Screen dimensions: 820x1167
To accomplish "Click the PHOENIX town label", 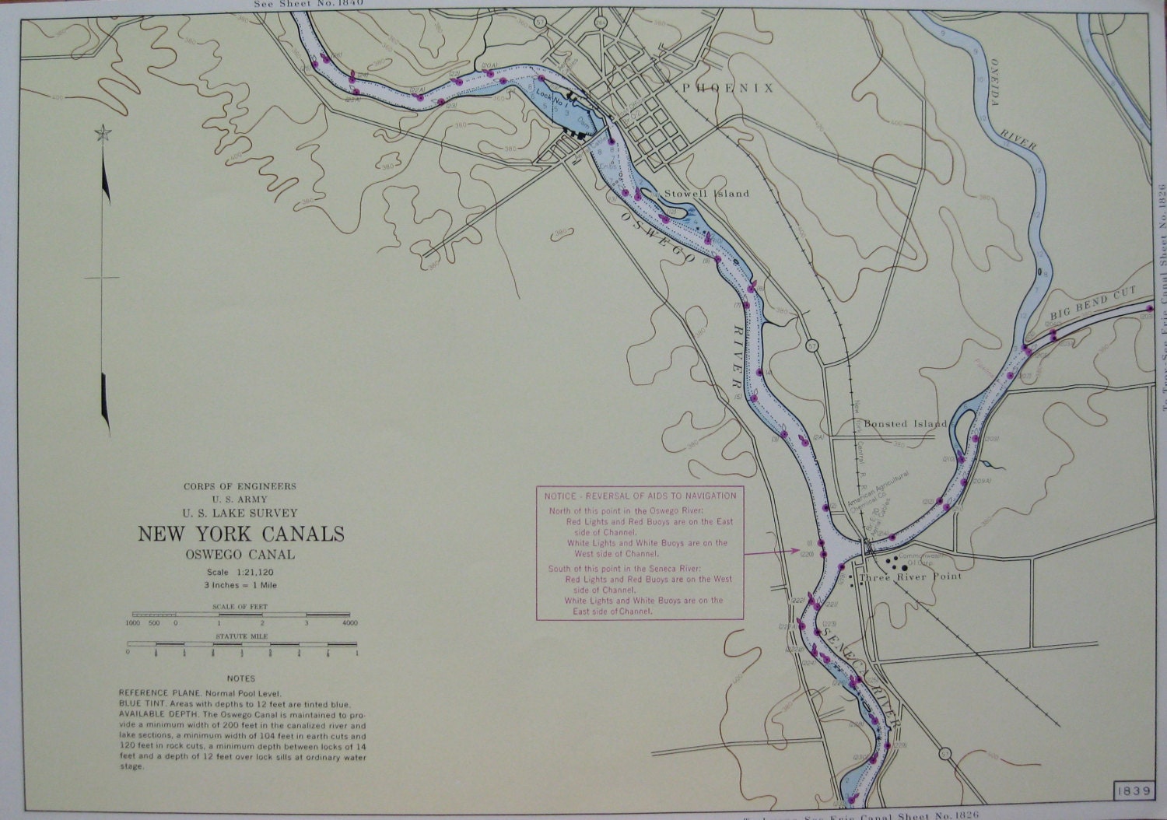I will pyautogui.click(x=727, y=89).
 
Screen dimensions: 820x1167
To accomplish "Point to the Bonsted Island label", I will pyautogui.click(x=905, y=424).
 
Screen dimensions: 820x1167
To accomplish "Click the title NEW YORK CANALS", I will pyautogui.click(x=240, y=534).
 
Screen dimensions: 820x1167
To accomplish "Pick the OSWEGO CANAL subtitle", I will pyautogui.click(x=240, y=555).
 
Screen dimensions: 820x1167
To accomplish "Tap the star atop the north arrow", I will pyautogui.click(x=101, y=135).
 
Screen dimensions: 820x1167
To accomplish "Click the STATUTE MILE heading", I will pyautogui.click(x=240, y=636).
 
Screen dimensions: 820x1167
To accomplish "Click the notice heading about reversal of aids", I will pyautogui.click(x=640, y=496).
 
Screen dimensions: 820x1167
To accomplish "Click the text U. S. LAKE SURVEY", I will pyautogui.click(x=240, y=513).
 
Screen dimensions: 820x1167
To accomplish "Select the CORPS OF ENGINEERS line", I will pyautogui.click(x=240, y=486).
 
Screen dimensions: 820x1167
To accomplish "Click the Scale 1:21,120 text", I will pyautogui.click(x=240, y=573).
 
